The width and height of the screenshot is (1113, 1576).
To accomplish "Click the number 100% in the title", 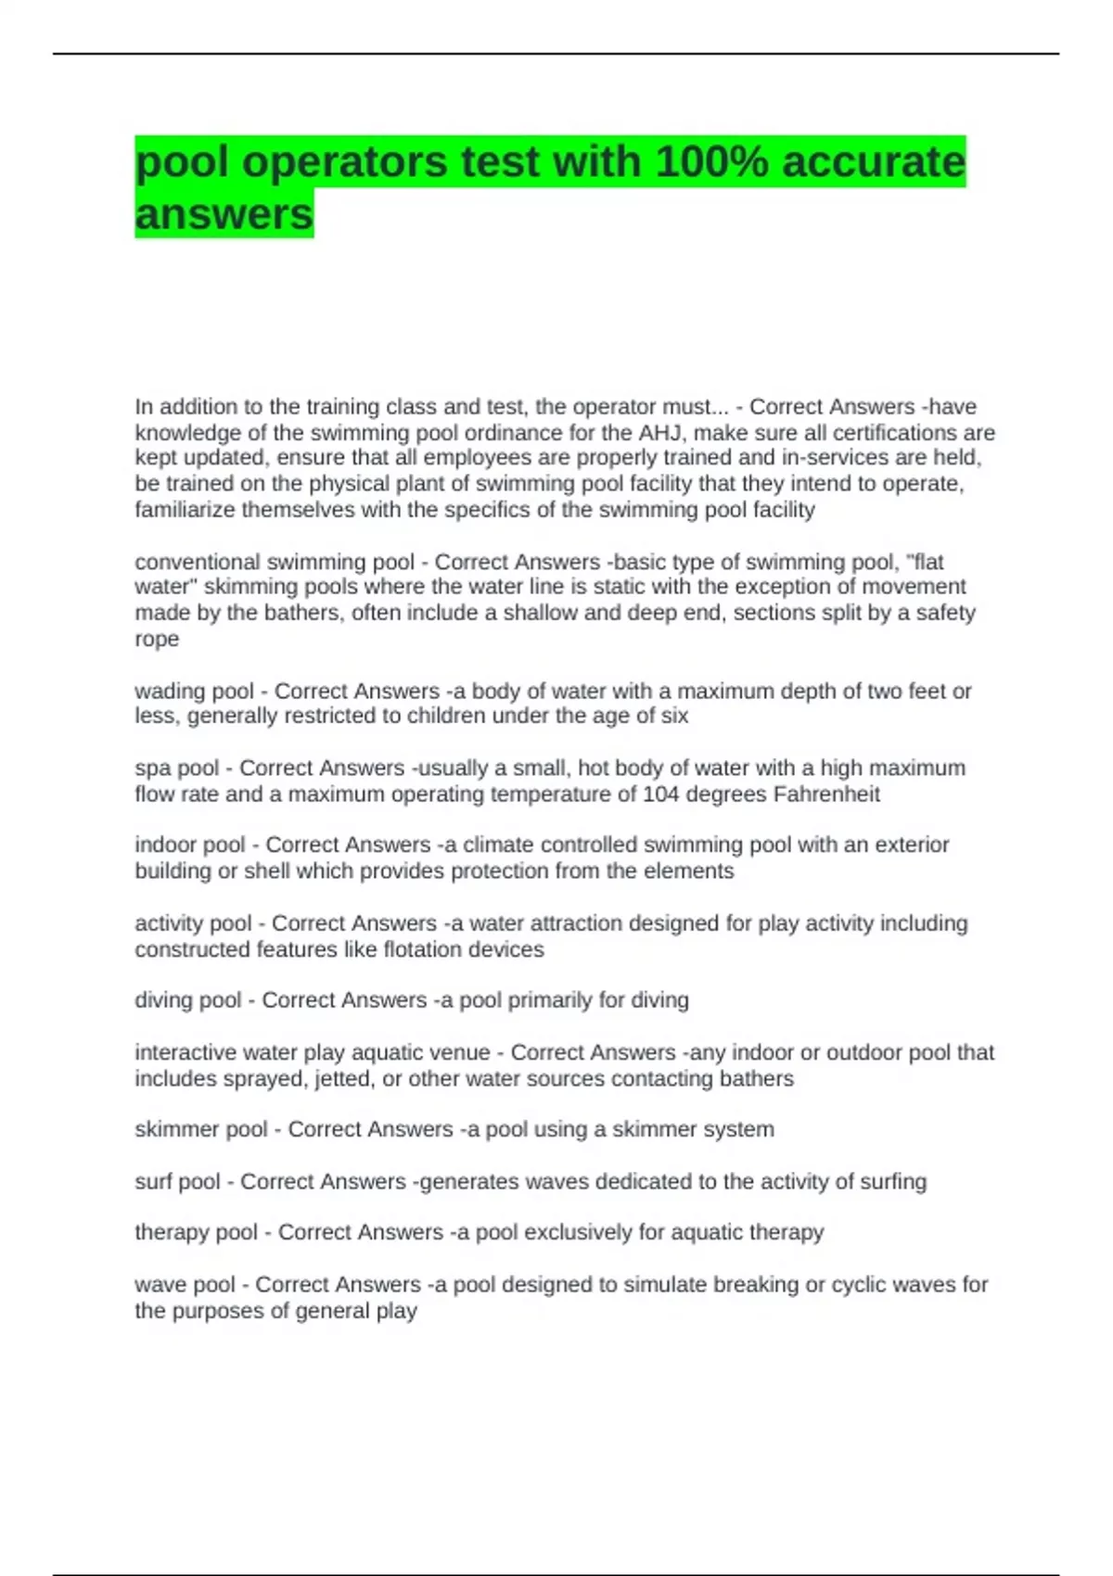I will coord(712,162).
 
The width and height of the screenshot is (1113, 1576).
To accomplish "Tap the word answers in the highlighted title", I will coord(224,214).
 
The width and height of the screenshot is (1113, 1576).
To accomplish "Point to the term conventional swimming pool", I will coord(275,562).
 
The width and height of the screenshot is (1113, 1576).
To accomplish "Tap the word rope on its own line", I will coord(157,639).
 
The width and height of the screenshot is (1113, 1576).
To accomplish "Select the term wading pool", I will coord(194,691).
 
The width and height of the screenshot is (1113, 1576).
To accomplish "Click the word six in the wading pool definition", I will coord(674,716).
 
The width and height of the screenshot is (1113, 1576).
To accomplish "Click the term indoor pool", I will coord(190,845).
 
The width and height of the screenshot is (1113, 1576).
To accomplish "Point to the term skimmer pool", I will coord(201,1129).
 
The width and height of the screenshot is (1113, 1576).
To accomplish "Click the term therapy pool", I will coord(197,1232).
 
